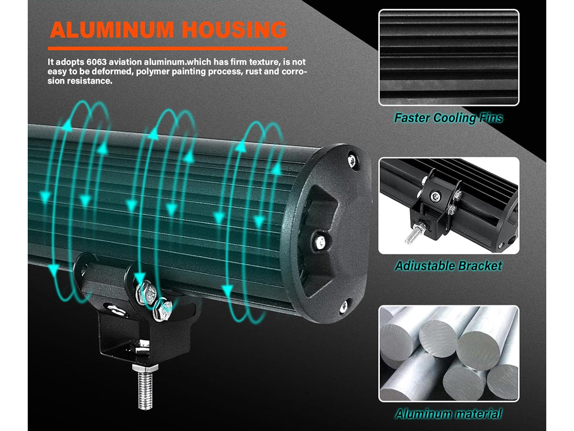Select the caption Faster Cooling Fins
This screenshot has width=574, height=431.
pyautogui.click(x=448, y=118)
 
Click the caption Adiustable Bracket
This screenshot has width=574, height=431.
pyautogui.click(x=448, y=266)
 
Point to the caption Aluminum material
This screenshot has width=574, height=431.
pyautogui.click(x=448, y=414)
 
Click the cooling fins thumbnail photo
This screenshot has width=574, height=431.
pyautogui.click(x=448, y=57)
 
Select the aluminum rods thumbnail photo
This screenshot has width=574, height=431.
pyautogui.click(x=448, y=354)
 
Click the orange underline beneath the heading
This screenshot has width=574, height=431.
pyautogui.click(x=167, y=48)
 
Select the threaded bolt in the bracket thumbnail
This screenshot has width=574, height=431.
pyautogui.click(x=412, y=234)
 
